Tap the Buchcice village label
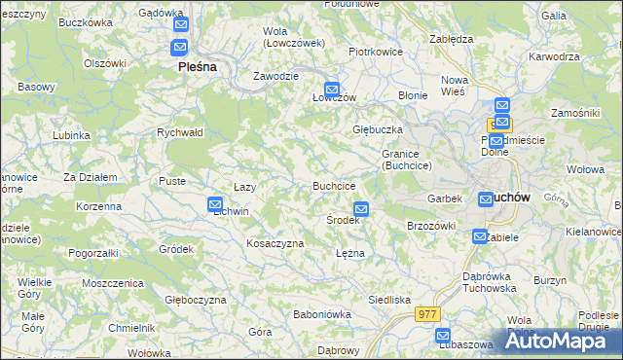click(333, 186)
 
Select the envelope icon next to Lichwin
click(215, 204)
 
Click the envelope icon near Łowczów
click(332, 88)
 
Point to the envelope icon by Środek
click(361, 209)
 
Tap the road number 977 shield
click(426, 314)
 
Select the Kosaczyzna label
click(275, 243)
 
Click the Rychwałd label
click(179, 132)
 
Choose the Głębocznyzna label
click(196, 300)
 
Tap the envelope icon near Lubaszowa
click(443, 337)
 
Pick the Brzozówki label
click(431, 225)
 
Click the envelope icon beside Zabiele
click(480, 236)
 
